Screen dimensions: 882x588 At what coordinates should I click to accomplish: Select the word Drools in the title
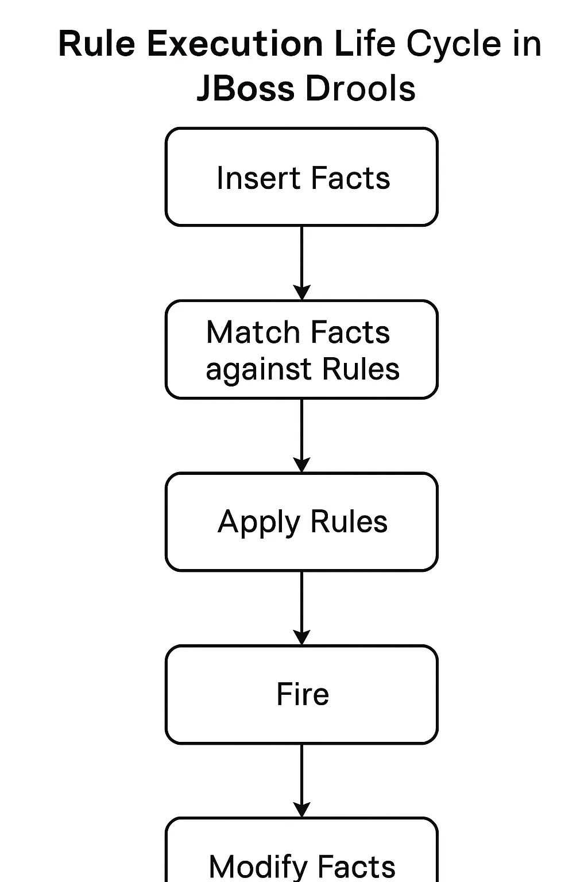pos(359,89)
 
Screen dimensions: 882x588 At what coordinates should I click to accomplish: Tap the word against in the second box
pos(260,370)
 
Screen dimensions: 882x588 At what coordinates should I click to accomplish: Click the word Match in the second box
pos(253,332)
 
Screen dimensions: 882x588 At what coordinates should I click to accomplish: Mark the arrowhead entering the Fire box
pos(301,637)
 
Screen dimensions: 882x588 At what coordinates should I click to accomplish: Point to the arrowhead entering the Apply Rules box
pos(301,465)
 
